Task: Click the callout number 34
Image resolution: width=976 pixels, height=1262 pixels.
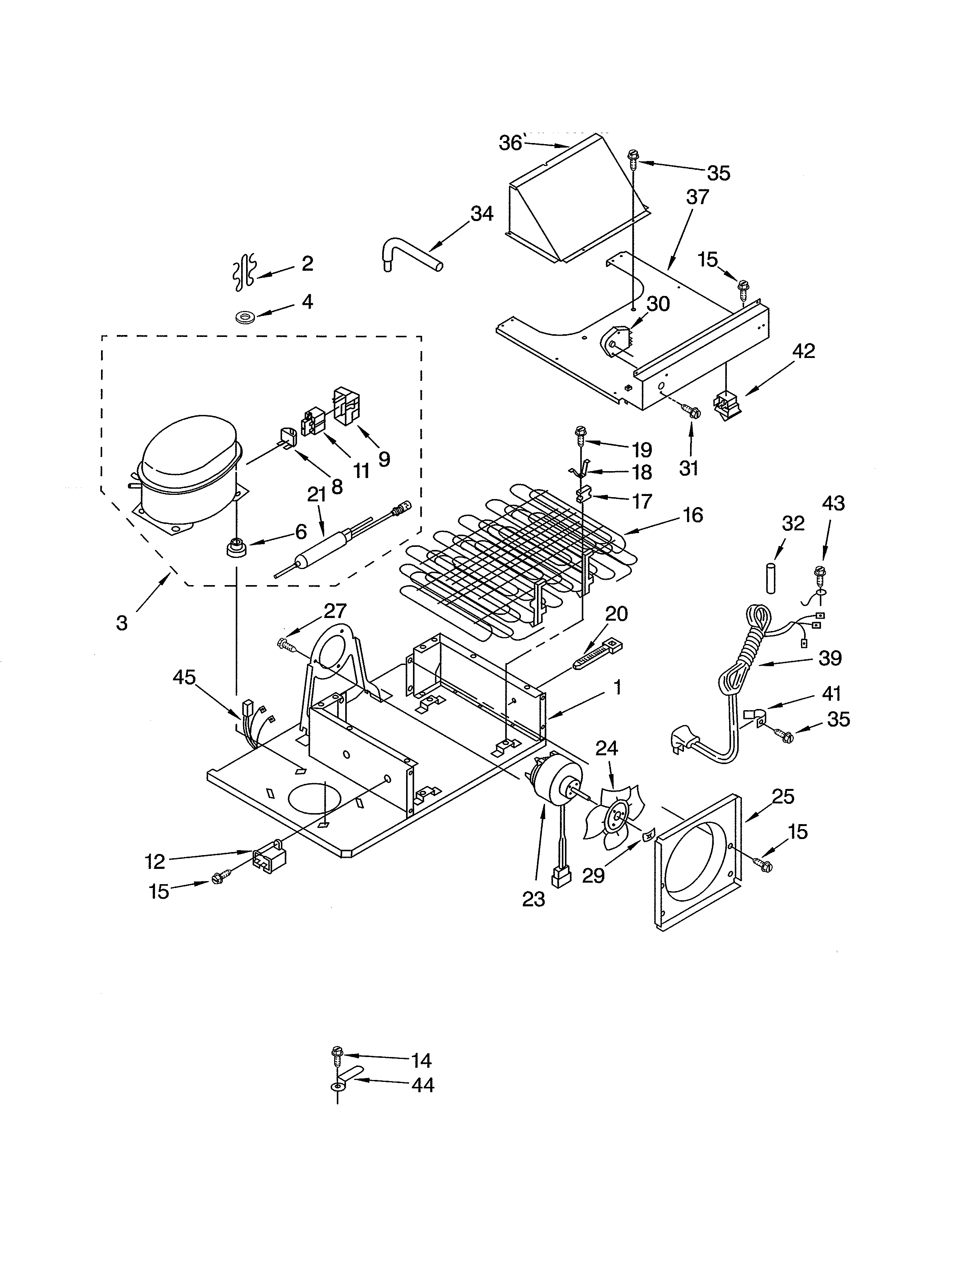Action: [x=481, y=214]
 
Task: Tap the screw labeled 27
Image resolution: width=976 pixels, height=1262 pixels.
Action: [x=287, y=643]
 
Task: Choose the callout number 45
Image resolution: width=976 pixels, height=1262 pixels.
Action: [x=184, y=677]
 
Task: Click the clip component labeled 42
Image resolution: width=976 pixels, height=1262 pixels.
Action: [x=726, y=403]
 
